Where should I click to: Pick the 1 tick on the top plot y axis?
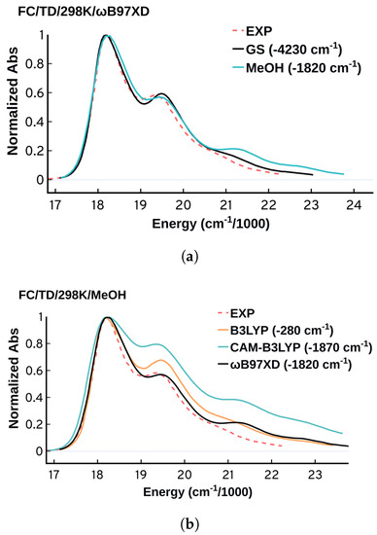point(40,36)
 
